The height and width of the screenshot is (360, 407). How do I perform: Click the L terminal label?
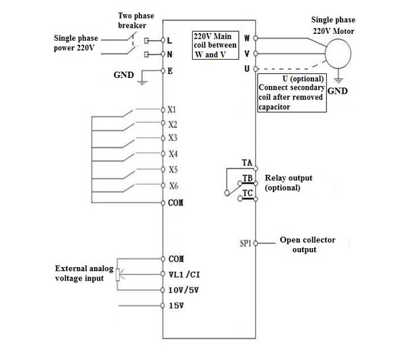[170, 40]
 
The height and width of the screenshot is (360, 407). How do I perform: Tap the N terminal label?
[170, 54]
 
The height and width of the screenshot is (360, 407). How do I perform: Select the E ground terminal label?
[170, 71]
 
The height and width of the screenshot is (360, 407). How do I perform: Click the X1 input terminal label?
[172, 110]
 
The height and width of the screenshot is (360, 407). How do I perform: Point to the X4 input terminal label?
[173, 154]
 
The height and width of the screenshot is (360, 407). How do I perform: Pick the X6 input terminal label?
[174, 186]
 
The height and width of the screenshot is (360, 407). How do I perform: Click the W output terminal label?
[247, 38]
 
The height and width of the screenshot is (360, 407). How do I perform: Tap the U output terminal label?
[247, 68]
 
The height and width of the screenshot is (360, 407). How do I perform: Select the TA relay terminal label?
[247, 163]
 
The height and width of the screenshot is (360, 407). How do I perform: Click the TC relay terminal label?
[248, 193]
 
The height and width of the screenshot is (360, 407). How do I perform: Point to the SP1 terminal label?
[246, 243]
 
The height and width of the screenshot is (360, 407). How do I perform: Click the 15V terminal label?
[176, 306]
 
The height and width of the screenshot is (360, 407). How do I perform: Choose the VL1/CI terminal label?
[185, 275]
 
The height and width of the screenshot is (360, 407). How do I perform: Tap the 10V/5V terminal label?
[184, 290]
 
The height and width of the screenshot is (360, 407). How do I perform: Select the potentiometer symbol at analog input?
[117, 275]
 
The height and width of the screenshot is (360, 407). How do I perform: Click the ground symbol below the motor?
[338, 81]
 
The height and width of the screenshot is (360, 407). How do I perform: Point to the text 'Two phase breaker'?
[136, 20]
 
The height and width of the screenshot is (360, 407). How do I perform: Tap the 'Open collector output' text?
[307, 245]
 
